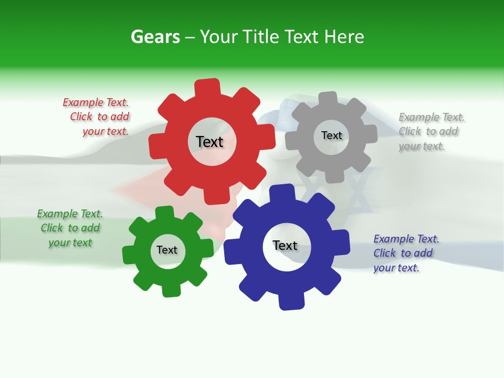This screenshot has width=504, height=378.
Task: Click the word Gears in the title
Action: [155, 37]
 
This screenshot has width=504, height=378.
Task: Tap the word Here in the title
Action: [344, 37]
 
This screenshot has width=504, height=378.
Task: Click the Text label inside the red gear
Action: [209, 142]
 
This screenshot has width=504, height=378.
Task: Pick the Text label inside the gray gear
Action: [331, 135]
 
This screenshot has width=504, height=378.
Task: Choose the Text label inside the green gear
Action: [167, 250]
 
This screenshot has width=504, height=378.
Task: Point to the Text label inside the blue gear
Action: [285, 245]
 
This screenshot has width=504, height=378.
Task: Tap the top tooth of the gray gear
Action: [328, 99]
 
